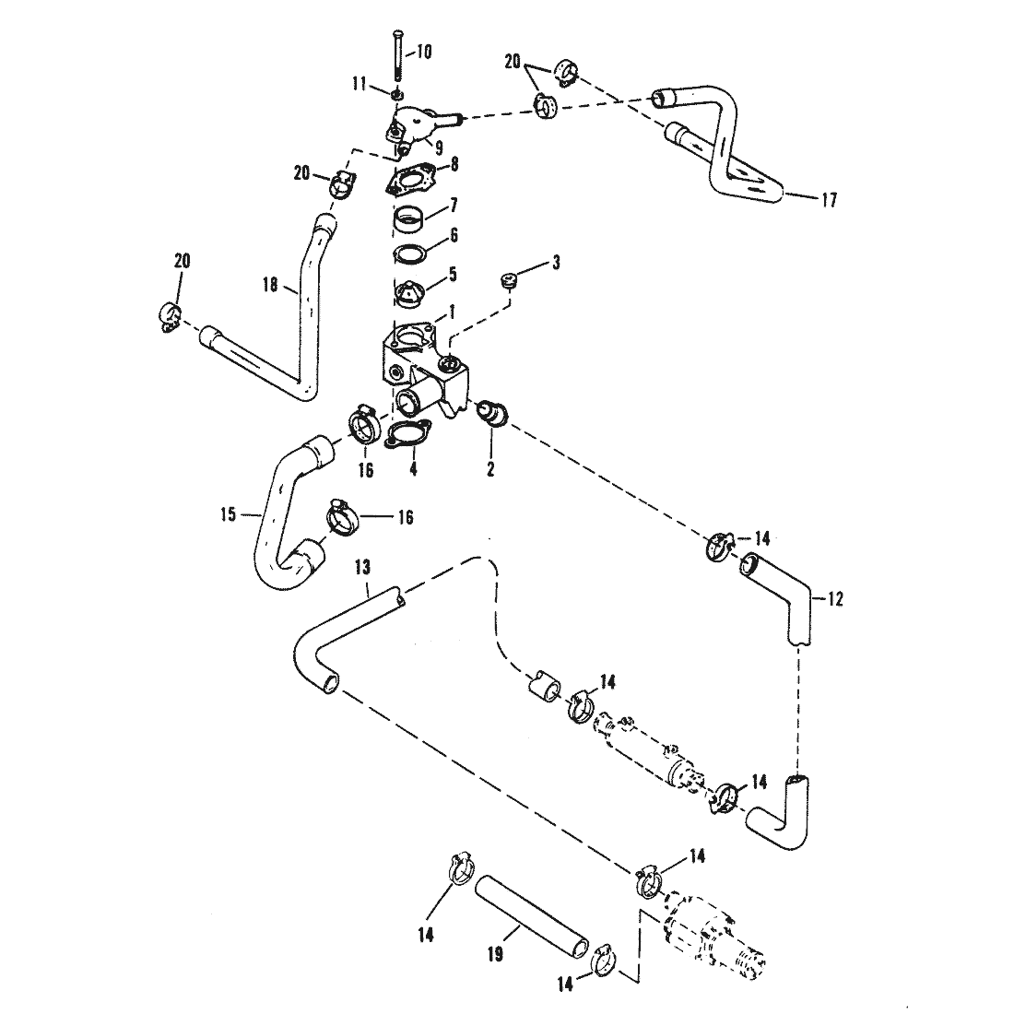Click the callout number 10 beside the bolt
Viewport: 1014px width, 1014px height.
424,52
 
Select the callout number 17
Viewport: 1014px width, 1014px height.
829,200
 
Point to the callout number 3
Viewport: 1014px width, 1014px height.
556,263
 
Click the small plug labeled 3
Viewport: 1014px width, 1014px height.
511,280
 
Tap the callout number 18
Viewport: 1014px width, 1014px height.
270,284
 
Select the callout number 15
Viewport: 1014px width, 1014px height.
229,516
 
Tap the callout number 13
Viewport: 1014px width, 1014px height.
363,568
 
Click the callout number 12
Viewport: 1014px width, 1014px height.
835,599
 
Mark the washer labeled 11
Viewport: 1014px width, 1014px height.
396,95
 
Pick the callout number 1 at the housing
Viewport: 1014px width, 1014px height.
452,313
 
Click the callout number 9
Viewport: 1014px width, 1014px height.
439,147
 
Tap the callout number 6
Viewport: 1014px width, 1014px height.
454,235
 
